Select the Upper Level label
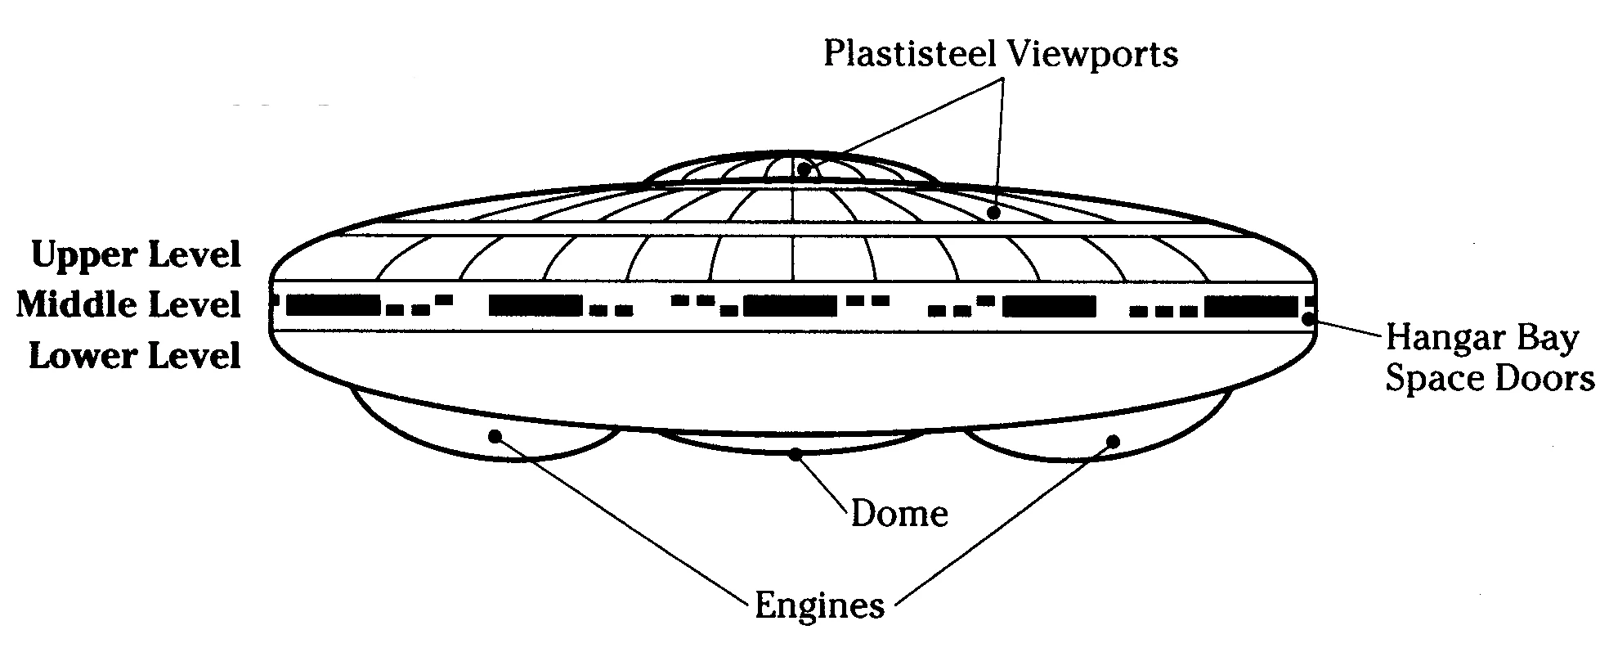tap(137, 255)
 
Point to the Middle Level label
tap(129, 305)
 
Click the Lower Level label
tap(136, 356)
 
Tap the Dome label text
tap(899, 514)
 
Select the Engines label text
tap(819, 606)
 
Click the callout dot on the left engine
tap(495, 435)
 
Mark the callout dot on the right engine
tap(1113, 442)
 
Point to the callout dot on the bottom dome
tap(794, 454)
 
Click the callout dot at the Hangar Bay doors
tap(1308, 318)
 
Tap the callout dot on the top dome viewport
tap(804, 170)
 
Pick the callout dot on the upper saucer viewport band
tap(994, 213)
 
